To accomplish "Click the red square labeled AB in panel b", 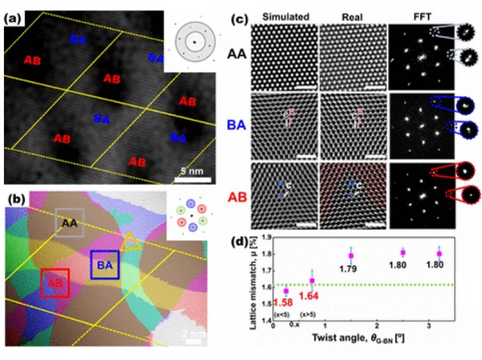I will (x=55, y=283).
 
